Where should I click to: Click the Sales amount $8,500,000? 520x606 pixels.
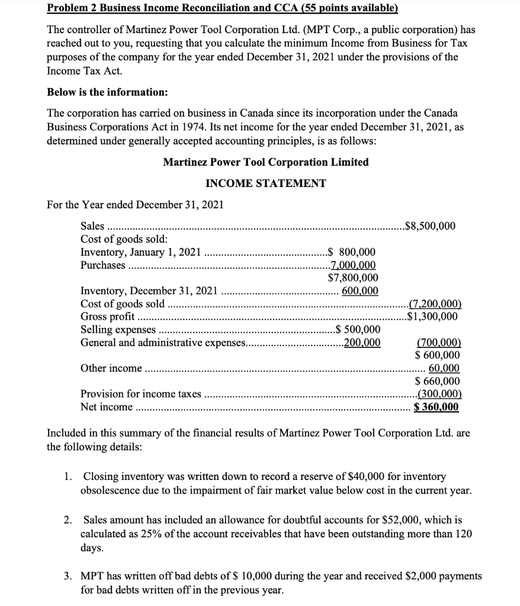(x=429, y=225)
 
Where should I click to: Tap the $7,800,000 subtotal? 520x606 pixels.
(x=353, y=277)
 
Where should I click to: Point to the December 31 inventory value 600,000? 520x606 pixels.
(x=360, y=290)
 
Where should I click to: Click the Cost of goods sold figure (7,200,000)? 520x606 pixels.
(x=435, y=304)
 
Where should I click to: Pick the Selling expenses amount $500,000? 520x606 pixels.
(x=357, y=330)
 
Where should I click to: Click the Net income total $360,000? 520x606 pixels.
(x=436, y=407)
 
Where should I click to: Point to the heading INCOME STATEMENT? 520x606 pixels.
(x=265, y=183)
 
